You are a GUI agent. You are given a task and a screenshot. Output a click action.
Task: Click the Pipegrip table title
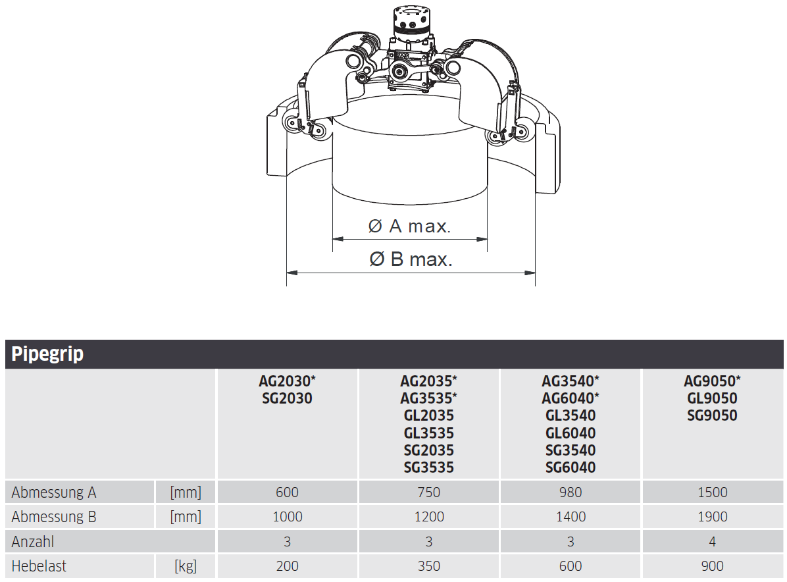tap(47, 354)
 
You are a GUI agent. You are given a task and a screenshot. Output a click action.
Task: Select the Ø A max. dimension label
tap(409, 226)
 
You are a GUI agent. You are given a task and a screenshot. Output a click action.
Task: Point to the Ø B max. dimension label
tap(411, 259)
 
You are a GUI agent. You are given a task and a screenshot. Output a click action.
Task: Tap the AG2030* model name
tap(287, 381)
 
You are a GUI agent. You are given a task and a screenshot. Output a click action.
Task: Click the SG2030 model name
tap(287, 398)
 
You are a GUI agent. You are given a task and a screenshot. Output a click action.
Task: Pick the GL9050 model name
tap(712, 398)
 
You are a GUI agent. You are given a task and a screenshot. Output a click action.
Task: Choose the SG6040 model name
tap(571, 467)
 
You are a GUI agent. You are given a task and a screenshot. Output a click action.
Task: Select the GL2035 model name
tap(428, 415)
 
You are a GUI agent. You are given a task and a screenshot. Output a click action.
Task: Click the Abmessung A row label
tap(54, 492)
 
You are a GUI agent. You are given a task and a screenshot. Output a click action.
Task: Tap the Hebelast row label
tap(39, 566)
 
